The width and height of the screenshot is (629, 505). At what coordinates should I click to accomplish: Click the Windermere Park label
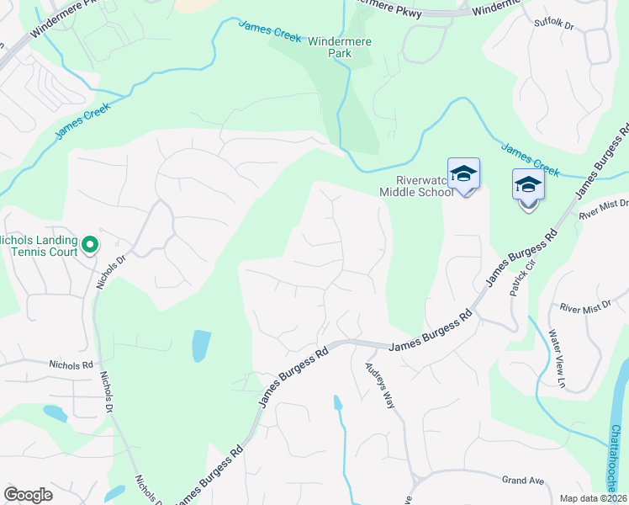coord(341,47)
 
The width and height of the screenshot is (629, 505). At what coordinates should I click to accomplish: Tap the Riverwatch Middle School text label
coord(416,186)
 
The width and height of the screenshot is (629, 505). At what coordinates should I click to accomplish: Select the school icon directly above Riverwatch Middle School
coord(463,175)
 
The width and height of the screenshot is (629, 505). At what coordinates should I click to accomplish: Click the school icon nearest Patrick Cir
coord(528,187)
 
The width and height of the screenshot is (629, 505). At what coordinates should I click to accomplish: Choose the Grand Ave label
coord(523,481)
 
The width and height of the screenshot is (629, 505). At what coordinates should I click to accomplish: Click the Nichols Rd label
coord(71,365)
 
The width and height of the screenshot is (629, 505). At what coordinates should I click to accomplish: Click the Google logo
coord(28,495)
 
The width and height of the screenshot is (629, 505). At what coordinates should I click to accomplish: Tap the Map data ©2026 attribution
coord(594,498)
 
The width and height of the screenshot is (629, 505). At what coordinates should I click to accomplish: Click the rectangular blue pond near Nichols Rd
coord(201,345)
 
